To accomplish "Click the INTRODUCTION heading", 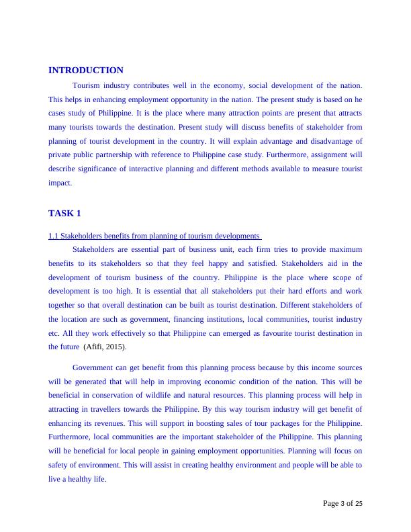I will (x=86, y=70).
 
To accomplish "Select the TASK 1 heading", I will (x=64, y=213).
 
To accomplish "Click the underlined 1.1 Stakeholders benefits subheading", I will (x=154, y=236).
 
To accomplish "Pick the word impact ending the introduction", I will (x=60, y=182).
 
